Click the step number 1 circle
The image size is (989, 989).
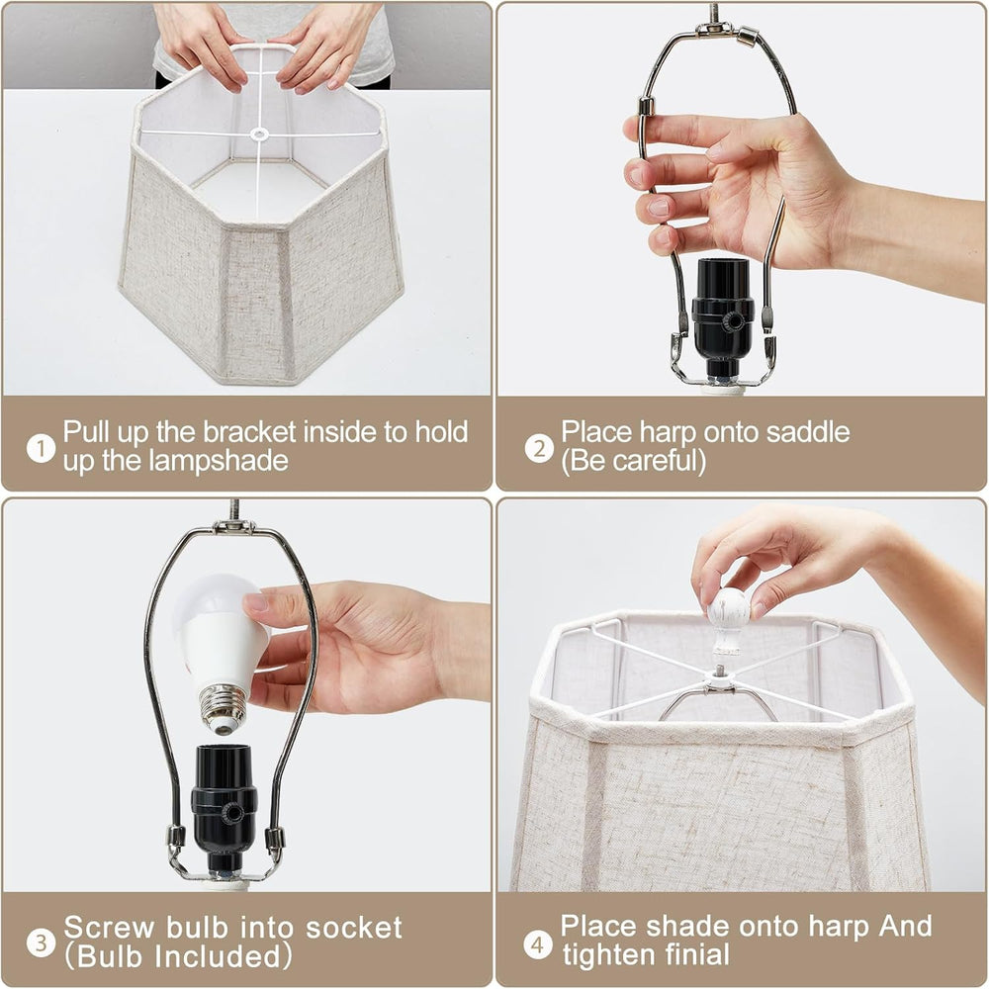(x=41, y=448)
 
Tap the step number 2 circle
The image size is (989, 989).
(x=539, y=448)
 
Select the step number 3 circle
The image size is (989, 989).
(x=41, y=943)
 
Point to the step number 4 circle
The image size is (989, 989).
(x=538, y=944)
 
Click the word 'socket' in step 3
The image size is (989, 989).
(x=354, y=928)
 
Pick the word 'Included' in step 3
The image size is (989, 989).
(x=218, y=956)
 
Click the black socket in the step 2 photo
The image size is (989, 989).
(x=723, y=318)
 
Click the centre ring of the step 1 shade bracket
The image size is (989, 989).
(x=258, y=134)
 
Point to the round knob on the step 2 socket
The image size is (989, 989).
(x=733, y=321)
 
